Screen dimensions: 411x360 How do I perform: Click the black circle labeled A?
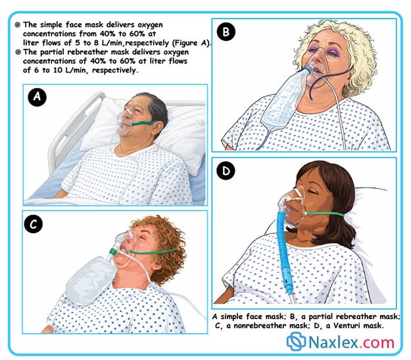click(37, 97)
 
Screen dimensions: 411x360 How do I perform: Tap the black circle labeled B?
click(226, 32)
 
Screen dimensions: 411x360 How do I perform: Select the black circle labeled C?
click(33, 224)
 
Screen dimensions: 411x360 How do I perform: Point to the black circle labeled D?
click(226, 171)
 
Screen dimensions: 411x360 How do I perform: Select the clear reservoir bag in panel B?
click(284, 101)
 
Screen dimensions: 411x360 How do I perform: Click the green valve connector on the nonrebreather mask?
click(114, 251)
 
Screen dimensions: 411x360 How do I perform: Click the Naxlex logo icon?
click(296, 341)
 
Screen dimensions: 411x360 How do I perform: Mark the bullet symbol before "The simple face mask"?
click(18, 24)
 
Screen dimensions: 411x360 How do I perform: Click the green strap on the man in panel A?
click(143, 122)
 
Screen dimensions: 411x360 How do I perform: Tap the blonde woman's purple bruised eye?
click(333, 53)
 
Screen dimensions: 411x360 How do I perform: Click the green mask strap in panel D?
click(325, 214)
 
